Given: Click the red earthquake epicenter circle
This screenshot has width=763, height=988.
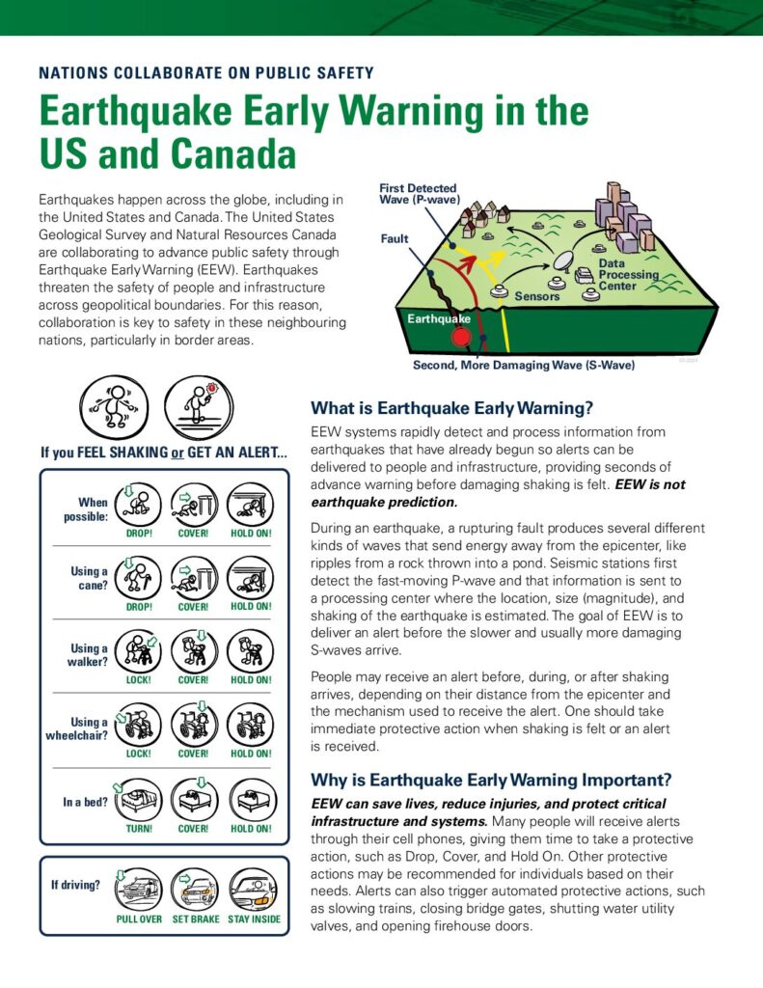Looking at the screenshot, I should pos(462,337).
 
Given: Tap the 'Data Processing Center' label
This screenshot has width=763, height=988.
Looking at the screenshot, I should pos(628,274).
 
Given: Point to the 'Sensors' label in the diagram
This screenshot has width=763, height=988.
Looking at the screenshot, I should pos(537,296).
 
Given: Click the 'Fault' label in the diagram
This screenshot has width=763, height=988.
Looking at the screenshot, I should pos(395,238).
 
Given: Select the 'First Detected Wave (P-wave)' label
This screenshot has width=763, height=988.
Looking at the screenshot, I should pos(418,194).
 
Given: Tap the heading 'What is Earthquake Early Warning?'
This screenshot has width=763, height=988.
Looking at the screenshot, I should pos(451,407).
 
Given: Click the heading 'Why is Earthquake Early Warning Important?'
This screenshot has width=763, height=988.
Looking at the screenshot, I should pos(491,780).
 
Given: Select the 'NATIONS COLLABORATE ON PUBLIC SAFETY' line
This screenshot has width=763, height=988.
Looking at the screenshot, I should pos(206,72).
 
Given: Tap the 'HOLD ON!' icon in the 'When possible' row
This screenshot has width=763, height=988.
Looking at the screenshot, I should pos(251,505).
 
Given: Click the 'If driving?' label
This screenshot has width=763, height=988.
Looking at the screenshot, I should pos(75,884).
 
